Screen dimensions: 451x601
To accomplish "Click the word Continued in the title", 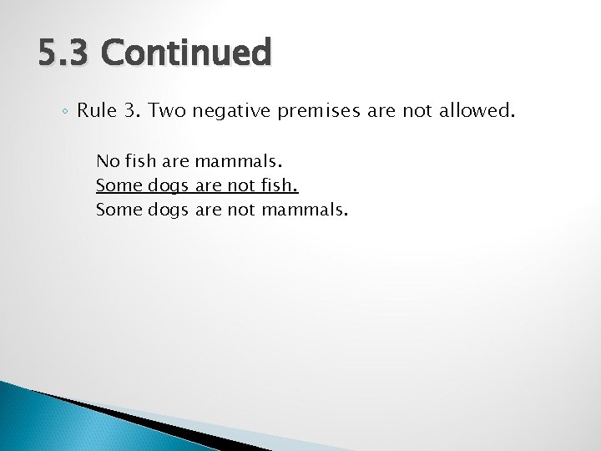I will coord(186,53).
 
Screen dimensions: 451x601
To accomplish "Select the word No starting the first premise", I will coord(106,160).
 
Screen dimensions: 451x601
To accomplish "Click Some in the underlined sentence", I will coord(119,185).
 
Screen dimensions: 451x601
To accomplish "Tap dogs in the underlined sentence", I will coord(169,185).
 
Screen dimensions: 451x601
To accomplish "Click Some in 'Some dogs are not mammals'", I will coord(119,209).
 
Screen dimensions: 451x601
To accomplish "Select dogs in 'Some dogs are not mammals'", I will coord(169,209).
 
